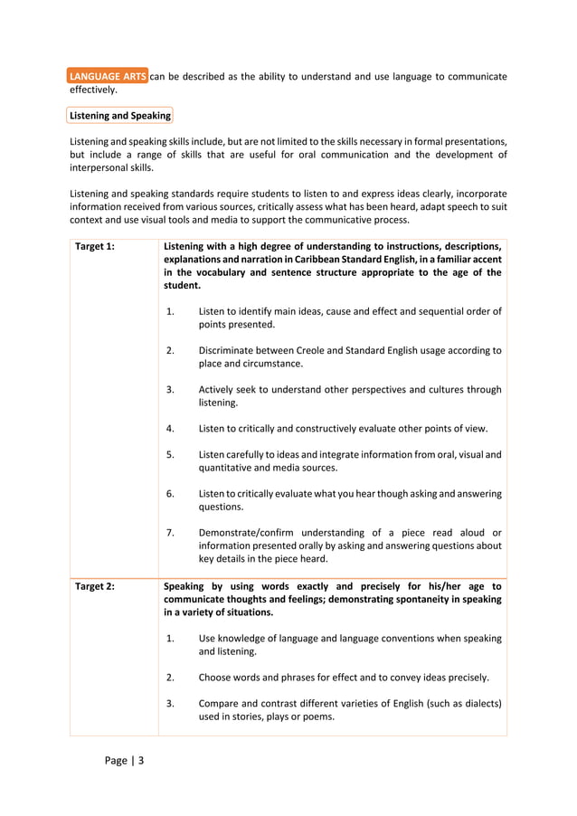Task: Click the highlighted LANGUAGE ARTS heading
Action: (x=108, y=77)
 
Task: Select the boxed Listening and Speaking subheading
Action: (x=120, y=116)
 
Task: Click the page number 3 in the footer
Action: (x=140, y=760)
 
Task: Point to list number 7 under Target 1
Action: (x=170, y=532)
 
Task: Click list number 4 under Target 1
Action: (x=170, y=428)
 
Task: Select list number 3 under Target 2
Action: (x=170, y=703)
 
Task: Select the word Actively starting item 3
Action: (x=218, y=389)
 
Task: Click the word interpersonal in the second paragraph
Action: (x=101, y=167)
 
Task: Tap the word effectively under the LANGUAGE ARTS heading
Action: (x=93, y=90)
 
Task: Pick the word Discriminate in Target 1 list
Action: (x=230, y=350)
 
